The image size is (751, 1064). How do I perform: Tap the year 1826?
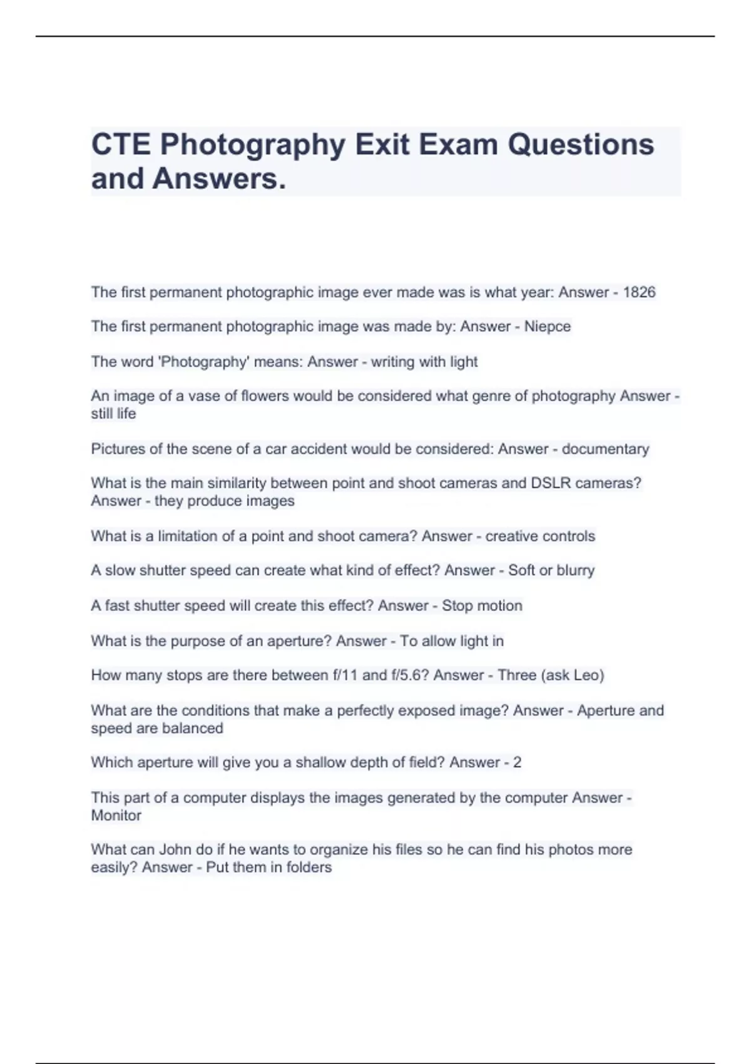click(639, 292)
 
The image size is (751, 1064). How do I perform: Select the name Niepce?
click(547, 327)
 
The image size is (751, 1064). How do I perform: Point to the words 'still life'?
click(113, 414)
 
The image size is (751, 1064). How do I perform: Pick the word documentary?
click(605, 449)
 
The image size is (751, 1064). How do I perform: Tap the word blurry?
click(576, 570)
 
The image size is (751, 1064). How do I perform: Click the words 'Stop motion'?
click(482, 606)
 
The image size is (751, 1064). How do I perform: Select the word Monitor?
click(116, 816)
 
